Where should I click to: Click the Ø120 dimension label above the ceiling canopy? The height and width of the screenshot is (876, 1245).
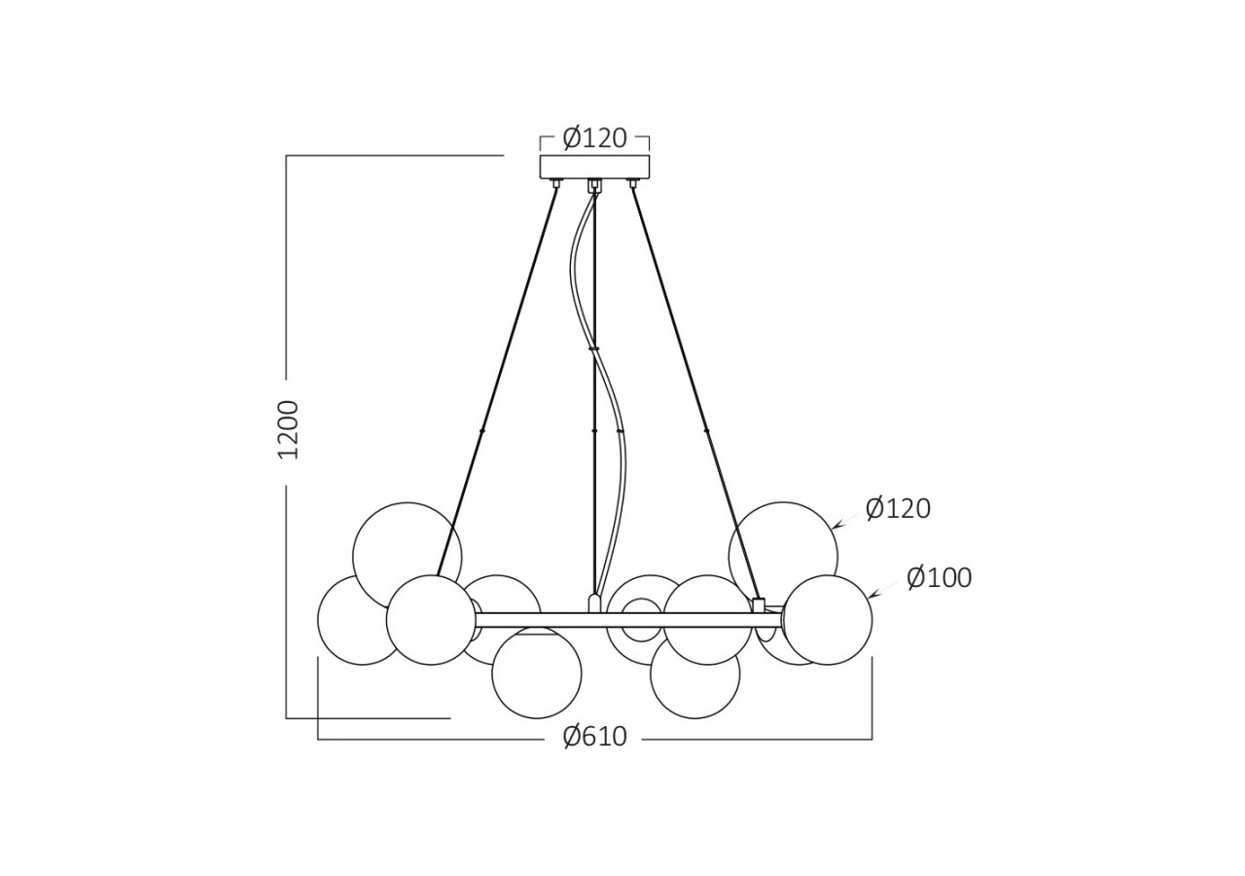point(594,138)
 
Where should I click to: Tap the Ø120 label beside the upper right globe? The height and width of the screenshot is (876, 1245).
point(898,509)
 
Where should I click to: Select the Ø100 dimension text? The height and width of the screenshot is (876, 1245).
point(939,578)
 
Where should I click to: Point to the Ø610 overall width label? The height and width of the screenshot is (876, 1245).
point(594,737)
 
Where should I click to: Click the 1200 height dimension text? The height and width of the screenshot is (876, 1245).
point(289,429)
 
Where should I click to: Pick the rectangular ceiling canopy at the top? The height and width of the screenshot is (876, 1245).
point(594,166)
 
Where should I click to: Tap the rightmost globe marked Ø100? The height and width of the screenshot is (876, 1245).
point(828,620)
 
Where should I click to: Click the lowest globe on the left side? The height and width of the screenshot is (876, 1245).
point(537,674)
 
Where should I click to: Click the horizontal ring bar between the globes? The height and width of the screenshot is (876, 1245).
point(545,620)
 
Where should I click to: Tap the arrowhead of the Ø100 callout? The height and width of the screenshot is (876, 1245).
point(871,596)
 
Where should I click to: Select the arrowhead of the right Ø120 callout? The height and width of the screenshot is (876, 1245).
point(836,527)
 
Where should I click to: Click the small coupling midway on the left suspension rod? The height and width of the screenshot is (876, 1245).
point(482,430)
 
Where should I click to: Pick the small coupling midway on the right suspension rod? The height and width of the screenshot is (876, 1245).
point(706,430)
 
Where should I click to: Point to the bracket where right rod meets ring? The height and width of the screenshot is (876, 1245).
point(759,604)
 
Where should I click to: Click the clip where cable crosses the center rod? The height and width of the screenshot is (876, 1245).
point(593,347)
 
